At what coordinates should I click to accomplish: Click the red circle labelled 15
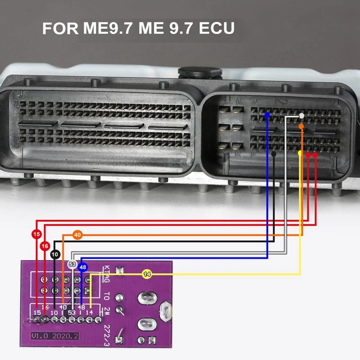[x=36, y=234]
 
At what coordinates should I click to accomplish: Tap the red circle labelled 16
[x=45, y=246]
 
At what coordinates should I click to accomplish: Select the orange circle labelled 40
[x=77, y=234]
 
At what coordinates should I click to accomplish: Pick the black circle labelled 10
[x=55, y=255]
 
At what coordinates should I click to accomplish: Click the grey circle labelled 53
[x=72, y=264]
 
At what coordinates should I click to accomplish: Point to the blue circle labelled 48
[x=82, y=267]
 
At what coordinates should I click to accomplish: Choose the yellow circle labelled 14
[x=147, y=274]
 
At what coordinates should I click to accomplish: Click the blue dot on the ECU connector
[x=267, y=115]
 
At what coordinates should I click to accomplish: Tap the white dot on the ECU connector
[x=301, y=116]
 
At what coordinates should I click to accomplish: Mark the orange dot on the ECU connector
[x=301, y=126]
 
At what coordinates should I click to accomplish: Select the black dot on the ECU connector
[x=274, y=154]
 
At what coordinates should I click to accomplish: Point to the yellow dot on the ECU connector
[x=300, y=153]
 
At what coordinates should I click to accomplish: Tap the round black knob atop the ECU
[x=200, y=73]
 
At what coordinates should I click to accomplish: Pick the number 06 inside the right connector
[x=238, y=101]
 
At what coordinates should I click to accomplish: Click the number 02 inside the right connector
[x=238, y=153]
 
